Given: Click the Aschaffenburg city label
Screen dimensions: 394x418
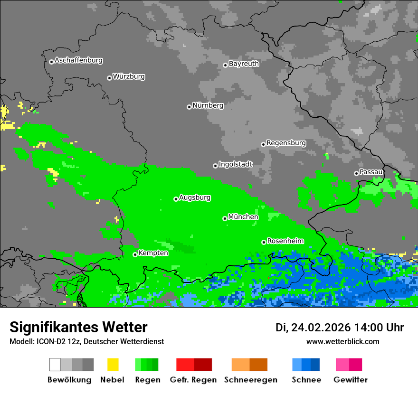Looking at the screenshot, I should tap(78, 60).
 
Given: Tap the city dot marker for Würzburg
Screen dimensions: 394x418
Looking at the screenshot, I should tap(109, 78).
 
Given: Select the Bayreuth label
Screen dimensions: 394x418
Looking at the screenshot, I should tap(244, 64).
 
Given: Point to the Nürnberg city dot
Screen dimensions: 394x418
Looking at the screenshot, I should tap(189, 107).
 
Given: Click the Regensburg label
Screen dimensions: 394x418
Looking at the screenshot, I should tap(286, 143).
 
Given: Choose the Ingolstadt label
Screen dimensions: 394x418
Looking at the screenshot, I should tap(235, 164).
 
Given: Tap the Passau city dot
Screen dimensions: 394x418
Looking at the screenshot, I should tap(356, 173).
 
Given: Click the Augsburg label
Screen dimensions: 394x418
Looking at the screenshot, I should tap(195, 197).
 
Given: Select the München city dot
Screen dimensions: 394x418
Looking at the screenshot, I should tap(225, 218).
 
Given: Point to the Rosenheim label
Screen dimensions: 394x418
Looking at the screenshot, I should tap(285, 241).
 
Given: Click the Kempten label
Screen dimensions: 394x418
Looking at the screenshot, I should tap(153, 253).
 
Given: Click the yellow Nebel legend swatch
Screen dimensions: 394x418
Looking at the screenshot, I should tap(113, 365).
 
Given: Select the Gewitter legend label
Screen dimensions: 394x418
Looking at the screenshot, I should tap(350, 380).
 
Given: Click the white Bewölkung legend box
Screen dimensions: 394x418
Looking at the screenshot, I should tap(55, 365).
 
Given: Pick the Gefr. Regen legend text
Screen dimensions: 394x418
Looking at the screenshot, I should tap(193, 380).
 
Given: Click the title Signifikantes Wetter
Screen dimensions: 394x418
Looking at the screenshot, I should tap(78, 327).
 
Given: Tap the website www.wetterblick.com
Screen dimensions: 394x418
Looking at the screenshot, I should tap(342, 341).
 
